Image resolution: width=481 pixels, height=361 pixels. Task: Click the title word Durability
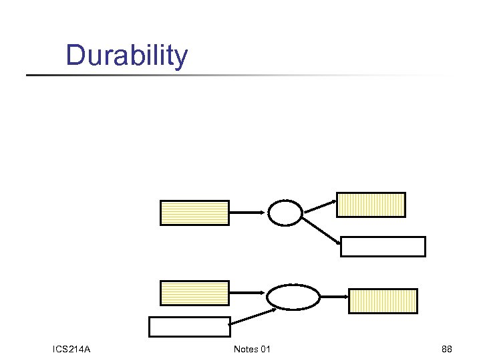(x=127, y=55)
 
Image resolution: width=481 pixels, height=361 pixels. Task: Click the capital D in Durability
(x=75, y=55)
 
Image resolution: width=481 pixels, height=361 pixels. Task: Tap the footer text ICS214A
(x=71, y=349)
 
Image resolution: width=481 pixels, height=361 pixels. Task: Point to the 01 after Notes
(x=266, y=349)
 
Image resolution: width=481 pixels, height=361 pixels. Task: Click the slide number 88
(x=447, y=349)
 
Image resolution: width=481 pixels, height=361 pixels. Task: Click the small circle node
(x=285, y=213)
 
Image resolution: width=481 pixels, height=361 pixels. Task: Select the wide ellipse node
(x=293, y=297)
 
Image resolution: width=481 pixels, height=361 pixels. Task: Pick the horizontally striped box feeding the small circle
(x=194, y=213)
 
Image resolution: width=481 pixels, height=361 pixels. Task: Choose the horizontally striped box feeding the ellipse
(x=194, y=293)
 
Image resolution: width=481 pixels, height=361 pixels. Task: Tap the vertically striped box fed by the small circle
(x=371, y=205)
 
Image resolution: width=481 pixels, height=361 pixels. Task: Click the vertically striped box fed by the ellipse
(x=383, y=301)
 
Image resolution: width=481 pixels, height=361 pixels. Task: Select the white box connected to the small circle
(x=383, y=247)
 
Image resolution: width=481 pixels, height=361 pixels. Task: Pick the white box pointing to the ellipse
(x=189, y=327)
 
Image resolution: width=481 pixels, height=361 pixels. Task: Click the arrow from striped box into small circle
(x=248, y=213)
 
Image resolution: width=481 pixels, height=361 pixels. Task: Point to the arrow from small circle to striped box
(x=319, y=207)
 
